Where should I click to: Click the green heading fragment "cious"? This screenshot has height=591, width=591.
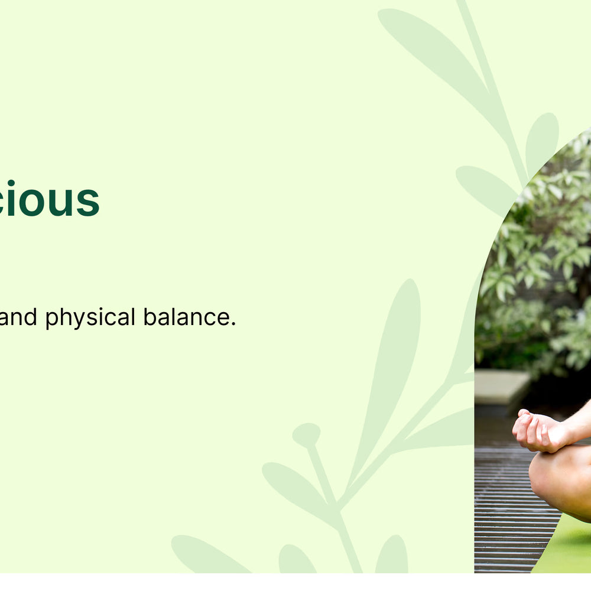click(x=50, y=200)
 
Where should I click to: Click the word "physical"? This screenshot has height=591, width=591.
click(x=90, y=318)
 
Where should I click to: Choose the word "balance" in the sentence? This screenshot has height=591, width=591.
click(x=186, y=317)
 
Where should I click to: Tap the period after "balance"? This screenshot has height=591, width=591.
click(x=233, y=324)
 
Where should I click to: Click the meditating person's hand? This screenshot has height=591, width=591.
click(x=538, y=431)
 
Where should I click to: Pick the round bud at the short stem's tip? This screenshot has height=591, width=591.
click(x=306, y=434)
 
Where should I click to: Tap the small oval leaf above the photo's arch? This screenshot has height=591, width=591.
click(x=541, y=142)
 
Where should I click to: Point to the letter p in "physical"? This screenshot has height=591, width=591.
click(x=52, y=320)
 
